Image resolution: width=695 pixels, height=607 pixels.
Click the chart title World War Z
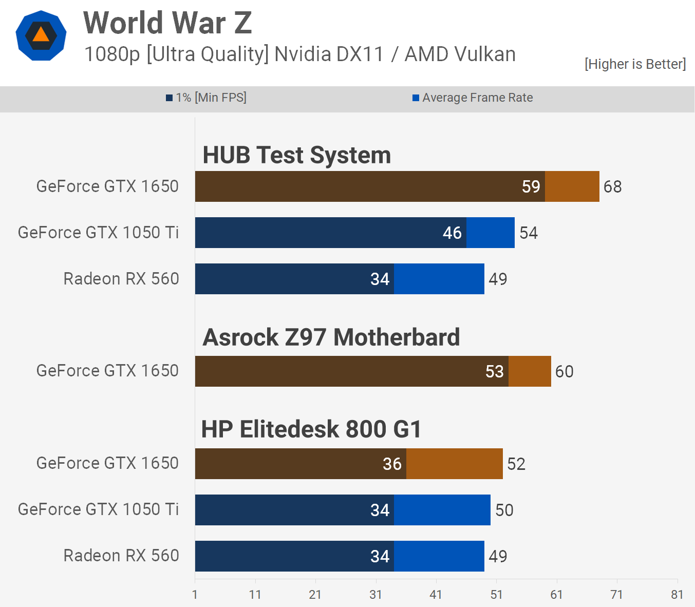[x=167, y=23]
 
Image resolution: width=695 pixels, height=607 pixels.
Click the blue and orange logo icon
[x=41, y=35]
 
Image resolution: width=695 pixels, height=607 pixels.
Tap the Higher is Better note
[x=635, y=64]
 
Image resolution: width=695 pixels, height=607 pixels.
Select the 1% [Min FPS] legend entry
[x=206, y=98]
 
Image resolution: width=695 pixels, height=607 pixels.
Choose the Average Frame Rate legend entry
[x=473, y=98]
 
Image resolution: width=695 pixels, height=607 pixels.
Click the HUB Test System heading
[x=296, y=155]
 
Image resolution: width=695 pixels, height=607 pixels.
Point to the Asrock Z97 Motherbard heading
[x=331, y=337]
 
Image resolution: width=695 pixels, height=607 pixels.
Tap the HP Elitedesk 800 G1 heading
[x=311, y=429]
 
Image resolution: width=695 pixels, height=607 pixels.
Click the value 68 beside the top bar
[x=612, y=186]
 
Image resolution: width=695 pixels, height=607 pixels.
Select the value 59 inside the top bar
[x=531, y=186]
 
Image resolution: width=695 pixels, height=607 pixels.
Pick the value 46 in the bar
[x=452, y=233]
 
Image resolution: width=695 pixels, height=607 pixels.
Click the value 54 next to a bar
[x=528, y=233]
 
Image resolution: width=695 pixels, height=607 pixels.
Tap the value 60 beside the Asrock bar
[x=564, y=371]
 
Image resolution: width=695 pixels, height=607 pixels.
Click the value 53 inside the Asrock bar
[x=494, y=371]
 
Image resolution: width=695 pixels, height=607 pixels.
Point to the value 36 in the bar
[x=392, y=464]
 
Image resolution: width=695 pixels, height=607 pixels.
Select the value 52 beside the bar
[x=516, y=464]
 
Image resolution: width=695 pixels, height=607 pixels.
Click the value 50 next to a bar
[x=504, y=510]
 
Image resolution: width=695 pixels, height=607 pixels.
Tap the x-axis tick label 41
[x=436, y=595]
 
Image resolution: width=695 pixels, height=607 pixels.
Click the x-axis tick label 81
[x=677, y=595]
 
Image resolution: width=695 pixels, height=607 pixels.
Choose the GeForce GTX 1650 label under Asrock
[x=107, y=371]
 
